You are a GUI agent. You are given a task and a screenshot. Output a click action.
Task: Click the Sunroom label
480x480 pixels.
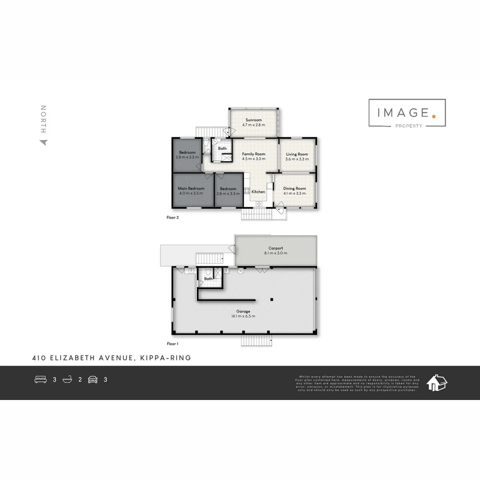[253, 120]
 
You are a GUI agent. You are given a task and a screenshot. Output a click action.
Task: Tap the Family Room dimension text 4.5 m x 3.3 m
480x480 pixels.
[254, 159]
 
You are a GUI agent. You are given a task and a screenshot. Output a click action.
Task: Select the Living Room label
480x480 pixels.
[297, 154]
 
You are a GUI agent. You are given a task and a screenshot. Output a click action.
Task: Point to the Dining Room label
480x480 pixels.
[295, 188]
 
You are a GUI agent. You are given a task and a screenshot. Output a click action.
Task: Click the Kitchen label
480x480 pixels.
[258, 192]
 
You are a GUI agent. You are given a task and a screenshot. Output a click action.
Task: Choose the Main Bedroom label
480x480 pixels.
[191, 188]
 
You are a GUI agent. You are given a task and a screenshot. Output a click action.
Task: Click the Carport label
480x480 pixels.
[276, 248]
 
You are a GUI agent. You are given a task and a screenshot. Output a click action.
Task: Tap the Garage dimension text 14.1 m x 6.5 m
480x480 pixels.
[243, 316]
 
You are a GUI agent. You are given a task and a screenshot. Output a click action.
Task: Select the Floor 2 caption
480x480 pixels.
[172, 218]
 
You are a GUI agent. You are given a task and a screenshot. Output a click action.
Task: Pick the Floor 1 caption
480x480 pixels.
[172, 344]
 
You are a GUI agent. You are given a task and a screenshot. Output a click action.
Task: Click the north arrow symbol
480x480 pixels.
[44, 143]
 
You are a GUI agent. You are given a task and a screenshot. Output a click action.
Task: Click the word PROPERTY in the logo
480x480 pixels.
[408, 126]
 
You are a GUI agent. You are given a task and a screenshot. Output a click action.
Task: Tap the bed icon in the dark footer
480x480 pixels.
[41, 380]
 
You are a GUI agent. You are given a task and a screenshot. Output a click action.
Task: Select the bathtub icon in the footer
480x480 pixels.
[68, 380]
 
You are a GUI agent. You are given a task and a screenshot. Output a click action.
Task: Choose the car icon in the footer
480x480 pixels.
[92, 380]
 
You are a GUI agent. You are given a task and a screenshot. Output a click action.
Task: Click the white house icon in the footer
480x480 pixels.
[436, 382]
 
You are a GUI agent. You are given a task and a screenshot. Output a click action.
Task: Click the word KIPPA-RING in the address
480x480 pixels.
[165, 358]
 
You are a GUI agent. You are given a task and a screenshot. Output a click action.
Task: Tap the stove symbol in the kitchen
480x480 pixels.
[247, 192]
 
